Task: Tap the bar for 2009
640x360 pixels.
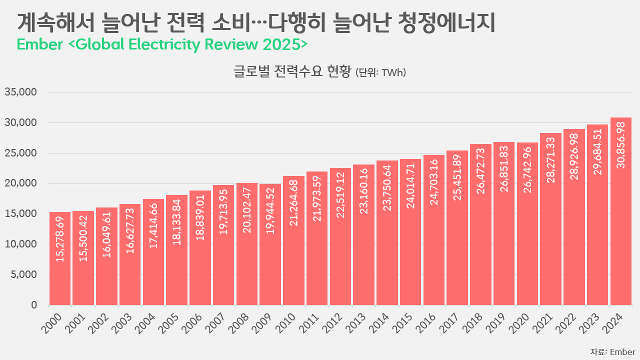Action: [270, 244]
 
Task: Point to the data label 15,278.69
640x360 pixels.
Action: [60, 239]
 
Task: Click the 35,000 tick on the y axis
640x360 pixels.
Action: [21, 92]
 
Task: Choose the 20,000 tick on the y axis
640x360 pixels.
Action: [21, 183]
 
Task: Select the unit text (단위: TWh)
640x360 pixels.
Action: [380, 73]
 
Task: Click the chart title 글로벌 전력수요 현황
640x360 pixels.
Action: [292, 72]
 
